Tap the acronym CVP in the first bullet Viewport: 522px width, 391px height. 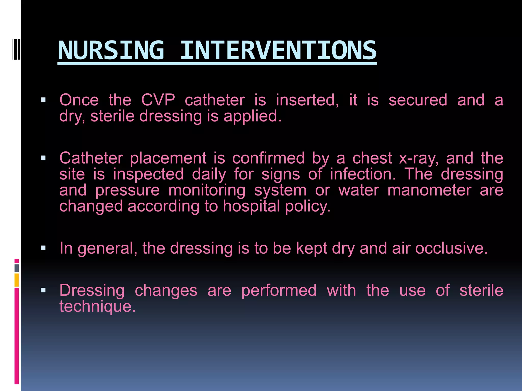tap(158, 100)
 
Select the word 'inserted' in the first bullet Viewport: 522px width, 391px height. tap(307, 100)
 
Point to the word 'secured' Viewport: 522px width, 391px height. tap(418, 100)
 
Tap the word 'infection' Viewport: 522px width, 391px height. tap(363, 174)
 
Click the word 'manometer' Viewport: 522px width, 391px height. tap(429, 190)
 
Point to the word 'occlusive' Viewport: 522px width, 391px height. tap(451, 248)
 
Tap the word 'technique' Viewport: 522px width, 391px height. tap(97, 306)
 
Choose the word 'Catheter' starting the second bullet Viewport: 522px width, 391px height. tap(91, 158)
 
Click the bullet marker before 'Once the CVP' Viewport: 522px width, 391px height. tap(43, 100)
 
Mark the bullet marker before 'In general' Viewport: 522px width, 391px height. tap(43, 248)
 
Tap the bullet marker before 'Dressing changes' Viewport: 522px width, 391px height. tap(43, 290)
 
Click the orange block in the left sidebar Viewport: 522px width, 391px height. tap(17, 280)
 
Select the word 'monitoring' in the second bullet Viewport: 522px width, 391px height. tap(207, 190)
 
